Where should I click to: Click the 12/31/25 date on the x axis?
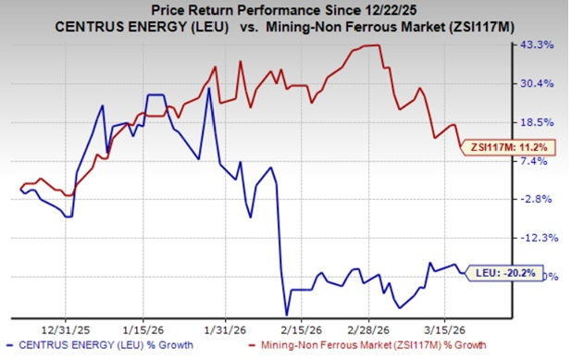pyautogui.click(x=66, y=326)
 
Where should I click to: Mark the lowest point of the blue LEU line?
pyautogui.click(x=287, y=314)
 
